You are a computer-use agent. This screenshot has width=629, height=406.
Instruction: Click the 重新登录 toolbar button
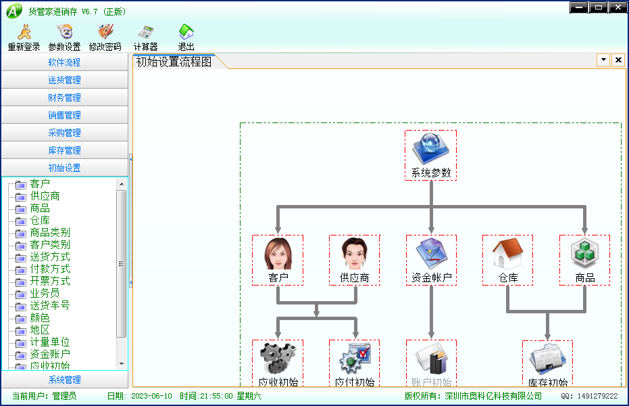24,37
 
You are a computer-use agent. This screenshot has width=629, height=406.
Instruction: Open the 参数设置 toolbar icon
65,37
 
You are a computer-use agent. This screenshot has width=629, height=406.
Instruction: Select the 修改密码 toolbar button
105,37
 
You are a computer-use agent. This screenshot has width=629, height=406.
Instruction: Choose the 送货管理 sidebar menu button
65,80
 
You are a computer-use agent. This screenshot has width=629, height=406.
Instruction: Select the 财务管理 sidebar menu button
65,97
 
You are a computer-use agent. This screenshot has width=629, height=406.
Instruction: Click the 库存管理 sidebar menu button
65,150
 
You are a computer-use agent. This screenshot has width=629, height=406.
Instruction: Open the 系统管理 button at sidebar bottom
65,380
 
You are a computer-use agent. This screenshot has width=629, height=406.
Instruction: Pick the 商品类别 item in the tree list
50,233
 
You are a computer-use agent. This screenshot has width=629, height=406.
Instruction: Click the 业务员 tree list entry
45,293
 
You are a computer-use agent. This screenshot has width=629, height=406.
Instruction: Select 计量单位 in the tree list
50,342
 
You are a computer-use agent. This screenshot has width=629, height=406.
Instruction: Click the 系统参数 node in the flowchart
431,155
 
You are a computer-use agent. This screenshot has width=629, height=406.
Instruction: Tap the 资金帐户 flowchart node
431,261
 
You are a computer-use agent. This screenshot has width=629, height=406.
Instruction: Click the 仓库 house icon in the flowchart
508,254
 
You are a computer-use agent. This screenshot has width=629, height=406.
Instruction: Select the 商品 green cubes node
585,261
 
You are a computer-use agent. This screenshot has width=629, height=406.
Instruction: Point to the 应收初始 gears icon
278,358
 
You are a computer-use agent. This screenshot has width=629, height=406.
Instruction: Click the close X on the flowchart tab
618,60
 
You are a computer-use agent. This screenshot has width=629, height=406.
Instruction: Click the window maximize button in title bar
599,7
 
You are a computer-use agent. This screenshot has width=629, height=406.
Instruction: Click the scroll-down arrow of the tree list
122,364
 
